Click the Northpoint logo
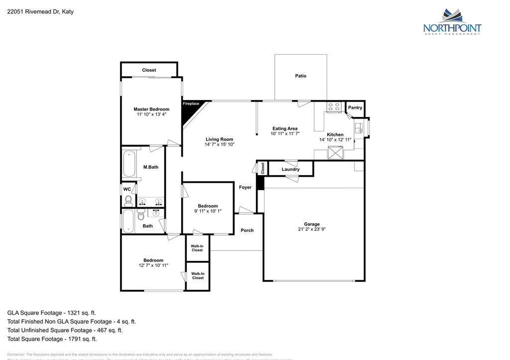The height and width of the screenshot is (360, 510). (x=452, y=22)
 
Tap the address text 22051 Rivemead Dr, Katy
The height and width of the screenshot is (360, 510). (x=40, y=11)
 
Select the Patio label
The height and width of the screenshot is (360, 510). (x=300, y=76)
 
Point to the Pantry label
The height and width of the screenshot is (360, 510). (x=355, y=108)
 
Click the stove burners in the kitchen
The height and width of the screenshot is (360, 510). (x=334, y=107)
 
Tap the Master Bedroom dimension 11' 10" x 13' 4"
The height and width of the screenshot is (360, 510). (x=151, y=115)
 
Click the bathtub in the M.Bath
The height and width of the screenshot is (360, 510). (x=128, y=163)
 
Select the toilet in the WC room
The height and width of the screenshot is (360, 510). (x=128, y=201)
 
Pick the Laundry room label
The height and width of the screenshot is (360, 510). (x=290, y=169)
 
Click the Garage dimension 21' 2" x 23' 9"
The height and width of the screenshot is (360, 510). (x=312, y=230)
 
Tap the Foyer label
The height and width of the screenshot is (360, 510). (x=245, y=187)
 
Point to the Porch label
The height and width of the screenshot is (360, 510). (x=247, y=231)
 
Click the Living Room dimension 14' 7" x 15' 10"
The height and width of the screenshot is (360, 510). (x=219, y=144)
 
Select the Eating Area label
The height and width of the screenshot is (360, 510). (x=285, y=128)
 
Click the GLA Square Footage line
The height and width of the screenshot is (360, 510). (x=51, y=313)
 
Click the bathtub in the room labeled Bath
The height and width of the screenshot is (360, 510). (x=128, y=221)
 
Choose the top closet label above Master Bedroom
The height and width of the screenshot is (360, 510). (x=149, y=70)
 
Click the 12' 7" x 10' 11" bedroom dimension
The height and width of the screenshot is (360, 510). (x=153, y=265)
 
